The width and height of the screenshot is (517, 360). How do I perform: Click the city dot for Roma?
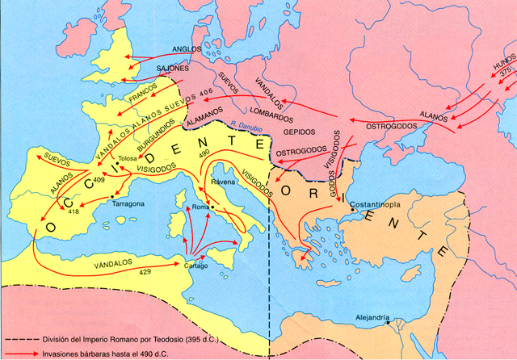point(211,208)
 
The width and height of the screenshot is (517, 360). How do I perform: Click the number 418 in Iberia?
point(73,211)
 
